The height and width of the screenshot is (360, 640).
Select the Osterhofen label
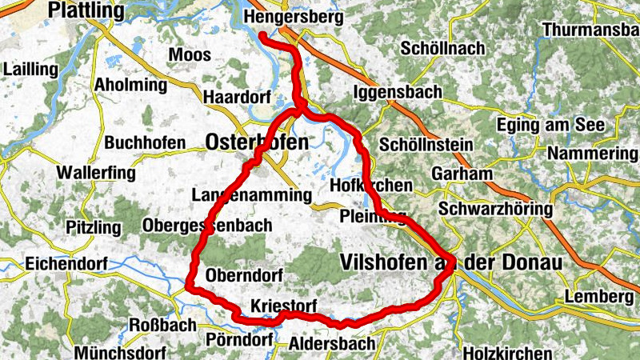point(257,142)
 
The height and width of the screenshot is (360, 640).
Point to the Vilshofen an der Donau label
point(451,262)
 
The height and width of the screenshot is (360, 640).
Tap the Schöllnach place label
point(443,49)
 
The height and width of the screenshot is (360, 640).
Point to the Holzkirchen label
point(508,353)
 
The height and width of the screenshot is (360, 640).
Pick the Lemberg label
point(593,297)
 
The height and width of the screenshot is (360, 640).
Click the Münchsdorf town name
point(119,353)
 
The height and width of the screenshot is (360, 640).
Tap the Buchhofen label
point(145,143)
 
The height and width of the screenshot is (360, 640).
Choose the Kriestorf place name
point(284,306)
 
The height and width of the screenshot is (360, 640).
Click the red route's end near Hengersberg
point(263,35)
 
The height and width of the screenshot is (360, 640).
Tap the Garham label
point(461,174)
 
